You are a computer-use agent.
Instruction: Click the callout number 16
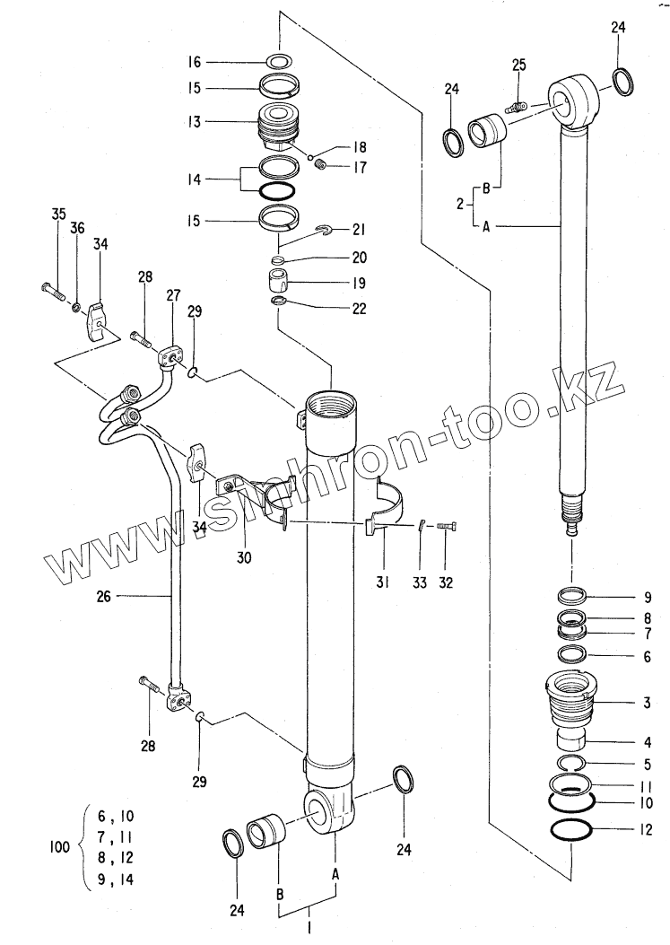pos(194,62)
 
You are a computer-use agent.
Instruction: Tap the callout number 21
pos(358,230)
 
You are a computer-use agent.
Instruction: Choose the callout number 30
pos(244,557)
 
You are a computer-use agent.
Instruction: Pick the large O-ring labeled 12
pos(571,831)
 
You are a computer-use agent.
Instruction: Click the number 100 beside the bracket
pos(61,845)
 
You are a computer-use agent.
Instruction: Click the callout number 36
pos(78,230)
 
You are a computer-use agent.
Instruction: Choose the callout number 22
pos(358,306)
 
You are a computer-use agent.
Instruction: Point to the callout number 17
pos(359,166)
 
